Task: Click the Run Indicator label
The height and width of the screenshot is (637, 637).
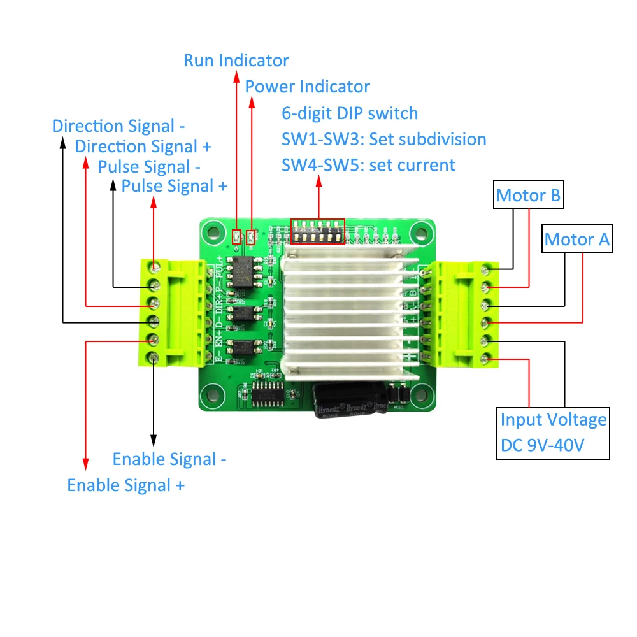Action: point(236,61)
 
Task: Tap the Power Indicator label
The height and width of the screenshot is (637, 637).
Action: point(307,86)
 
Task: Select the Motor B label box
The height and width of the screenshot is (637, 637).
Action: point(529,196)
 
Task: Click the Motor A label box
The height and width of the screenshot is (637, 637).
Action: point(577,240)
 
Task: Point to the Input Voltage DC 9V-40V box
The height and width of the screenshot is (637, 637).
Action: point(553,433)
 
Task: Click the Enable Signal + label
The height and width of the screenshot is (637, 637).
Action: point(126,485)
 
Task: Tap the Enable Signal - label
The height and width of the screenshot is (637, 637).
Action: point(169,459)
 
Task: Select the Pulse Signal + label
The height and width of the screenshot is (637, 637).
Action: point(174,187)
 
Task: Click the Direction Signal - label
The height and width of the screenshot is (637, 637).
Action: point(118,126)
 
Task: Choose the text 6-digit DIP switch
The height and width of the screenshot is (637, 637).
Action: point(350,113)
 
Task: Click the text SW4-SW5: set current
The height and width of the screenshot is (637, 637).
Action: point(368,166)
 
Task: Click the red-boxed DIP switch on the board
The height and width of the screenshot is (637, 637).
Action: point(318,232)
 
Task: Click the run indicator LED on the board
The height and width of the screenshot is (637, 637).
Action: point(237,238)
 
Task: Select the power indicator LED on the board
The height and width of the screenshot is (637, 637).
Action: point(252,238)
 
